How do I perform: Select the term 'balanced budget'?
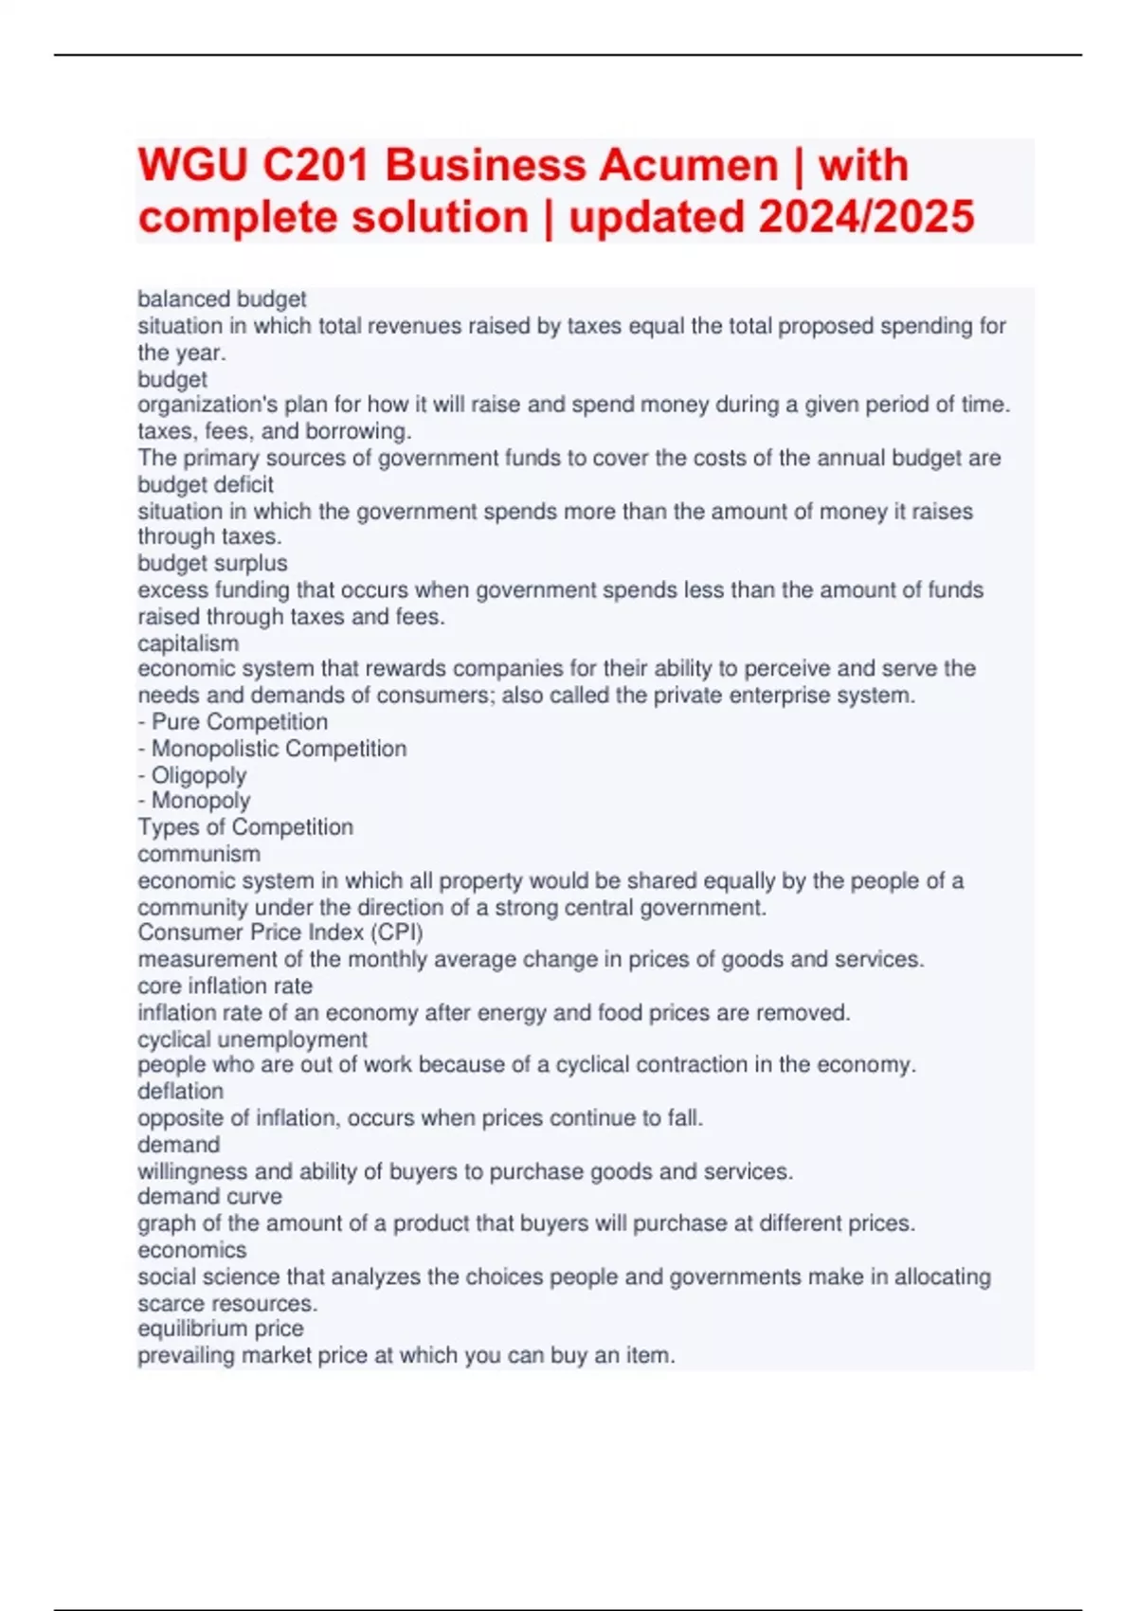pos(222,299)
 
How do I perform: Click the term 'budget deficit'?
pos(206,484)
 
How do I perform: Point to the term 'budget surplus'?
pos(212,563)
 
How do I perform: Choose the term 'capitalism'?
pos(188,643)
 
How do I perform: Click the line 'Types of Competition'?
pos(245,827)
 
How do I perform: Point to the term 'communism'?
pos(199,854)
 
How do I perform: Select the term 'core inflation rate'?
pos(225,986)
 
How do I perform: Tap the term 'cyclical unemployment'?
pos(252,1039)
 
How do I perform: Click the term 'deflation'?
pos(180,1091)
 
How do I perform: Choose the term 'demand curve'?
pos(209,1196)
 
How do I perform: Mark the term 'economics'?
pos(191,1249)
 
